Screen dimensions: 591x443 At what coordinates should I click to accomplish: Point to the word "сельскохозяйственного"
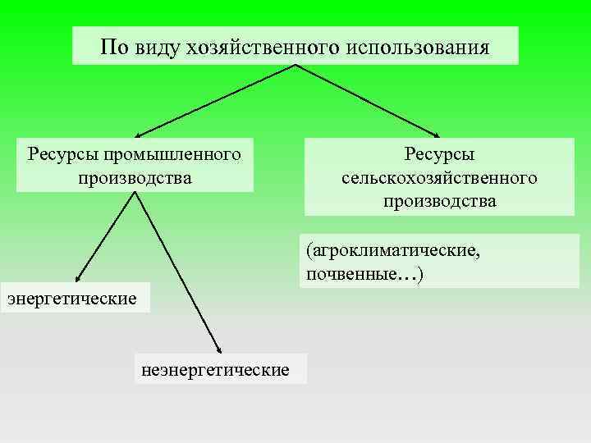click(439, 178)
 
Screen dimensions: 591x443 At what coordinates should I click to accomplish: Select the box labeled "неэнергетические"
click(216, 370)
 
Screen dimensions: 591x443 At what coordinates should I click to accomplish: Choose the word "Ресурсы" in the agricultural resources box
click(439, 155)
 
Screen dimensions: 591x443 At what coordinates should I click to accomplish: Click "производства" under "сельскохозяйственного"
click(439, 201)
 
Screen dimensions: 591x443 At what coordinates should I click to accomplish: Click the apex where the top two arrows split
click(294, 66)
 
